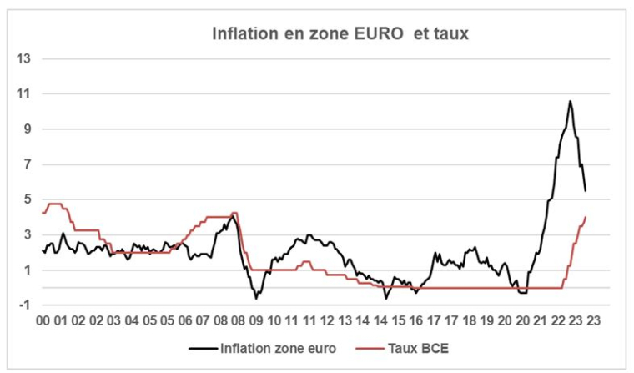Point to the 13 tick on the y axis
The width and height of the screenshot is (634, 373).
coord(24,58)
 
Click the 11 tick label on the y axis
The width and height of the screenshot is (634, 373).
coord(24,93)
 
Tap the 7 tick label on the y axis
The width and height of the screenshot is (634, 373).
coord(27,164)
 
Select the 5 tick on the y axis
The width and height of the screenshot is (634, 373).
coord(27,199)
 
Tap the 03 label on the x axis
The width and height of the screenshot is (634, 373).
coord(114,320)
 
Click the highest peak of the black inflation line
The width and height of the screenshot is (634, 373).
coord(570,101)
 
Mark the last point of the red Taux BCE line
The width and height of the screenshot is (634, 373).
coord(586,217)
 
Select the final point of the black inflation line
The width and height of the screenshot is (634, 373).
coord(586,191)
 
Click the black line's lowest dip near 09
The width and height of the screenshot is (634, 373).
coord(256,297)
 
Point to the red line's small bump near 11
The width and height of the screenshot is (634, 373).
coord(306,262)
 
